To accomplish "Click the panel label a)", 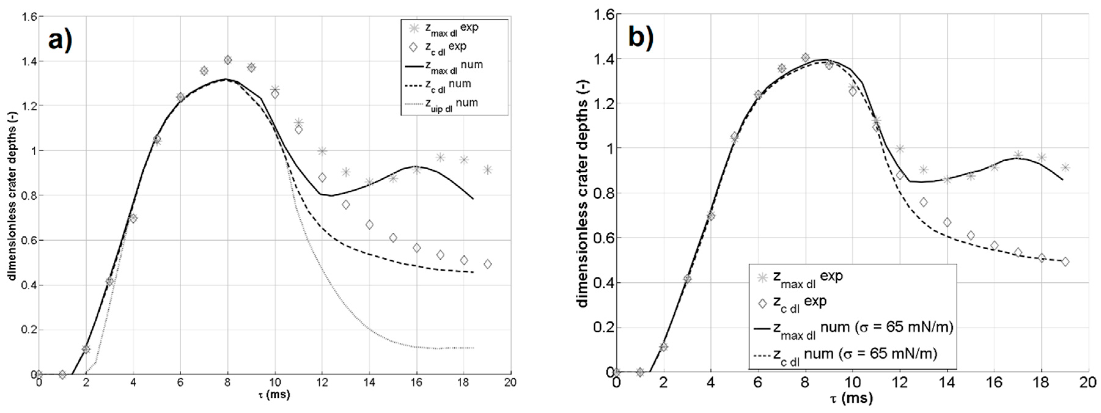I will click(x=60, y=42).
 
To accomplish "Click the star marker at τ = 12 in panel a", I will click(x=322, y=151).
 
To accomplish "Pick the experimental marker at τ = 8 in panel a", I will click(x=228, y=60).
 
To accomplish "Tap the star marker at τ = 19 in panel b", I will click(x=1065, y=167).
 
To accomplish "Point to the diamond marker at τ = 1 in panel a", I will click(x=62, y=375).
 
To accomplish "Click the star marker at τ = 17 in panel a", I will click(x=440, y=158).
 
